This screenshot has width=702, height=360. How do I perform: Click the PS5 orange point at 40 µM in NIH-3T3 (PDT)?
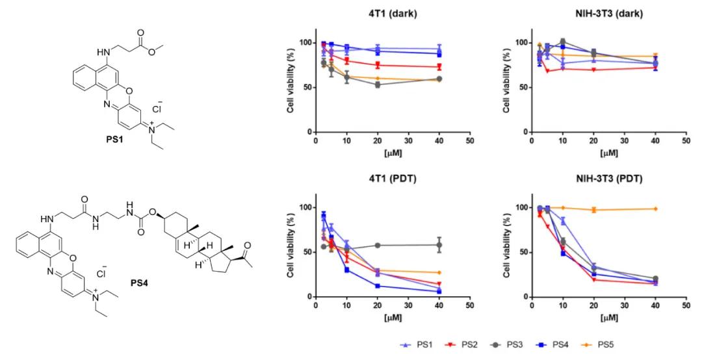[x=655, y=209]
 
